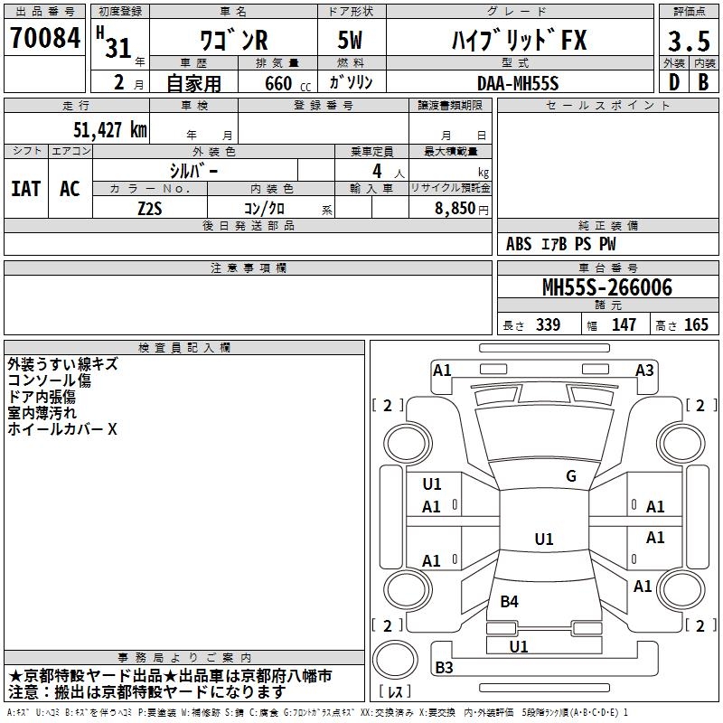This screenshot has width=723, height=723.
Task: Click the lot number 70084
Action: tap(45, 38)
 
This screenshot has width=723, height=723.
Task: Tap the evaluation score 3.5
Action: tap(689, 41)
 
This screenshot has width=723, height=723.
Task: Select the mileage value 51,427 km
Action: tap(110, 130)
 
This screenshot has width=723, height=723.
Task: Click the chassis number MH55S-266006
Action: tap(607, 287)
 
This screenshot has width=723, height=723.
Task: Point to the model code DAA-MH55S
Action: tap(518, 83)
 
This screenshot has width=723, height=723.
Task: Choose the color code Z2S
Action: tap(150, 209)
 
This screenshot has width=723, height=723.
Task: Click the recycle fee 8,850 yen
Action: tap(462, 209)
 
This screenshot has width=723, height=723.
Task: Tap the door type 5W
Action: tap(350, 40)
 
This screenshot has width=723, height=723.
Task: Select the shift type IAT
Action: tap(26, 189)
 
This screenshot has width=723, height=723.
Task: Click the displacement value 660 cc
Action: tap(287, 84)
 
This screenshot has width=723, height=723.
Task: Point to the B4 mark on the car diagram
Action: tap(509, 601)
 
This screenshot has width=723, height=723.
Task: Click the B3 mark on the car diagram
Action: tap(444, 667)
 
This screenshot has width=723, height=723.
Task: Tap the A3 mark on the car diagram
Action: tap(644, 371)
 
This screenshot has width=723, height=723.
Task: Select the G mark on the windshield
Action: tap(571, 476)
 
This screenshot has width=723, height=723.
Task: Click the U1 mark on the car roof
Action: tap(544, 539)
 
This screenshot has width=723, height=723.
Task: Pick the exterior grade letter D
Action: tap(674, 82)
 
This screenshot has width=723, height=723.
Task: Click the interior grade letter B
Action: tap(703, 82)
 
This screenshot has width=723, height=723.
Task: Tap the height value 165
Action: tap(696, 324)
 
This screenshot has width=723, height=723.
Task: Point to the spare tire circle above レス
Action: tap(395, 660)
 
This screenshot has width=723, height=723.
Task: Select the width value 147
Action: tap(624, 324)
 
